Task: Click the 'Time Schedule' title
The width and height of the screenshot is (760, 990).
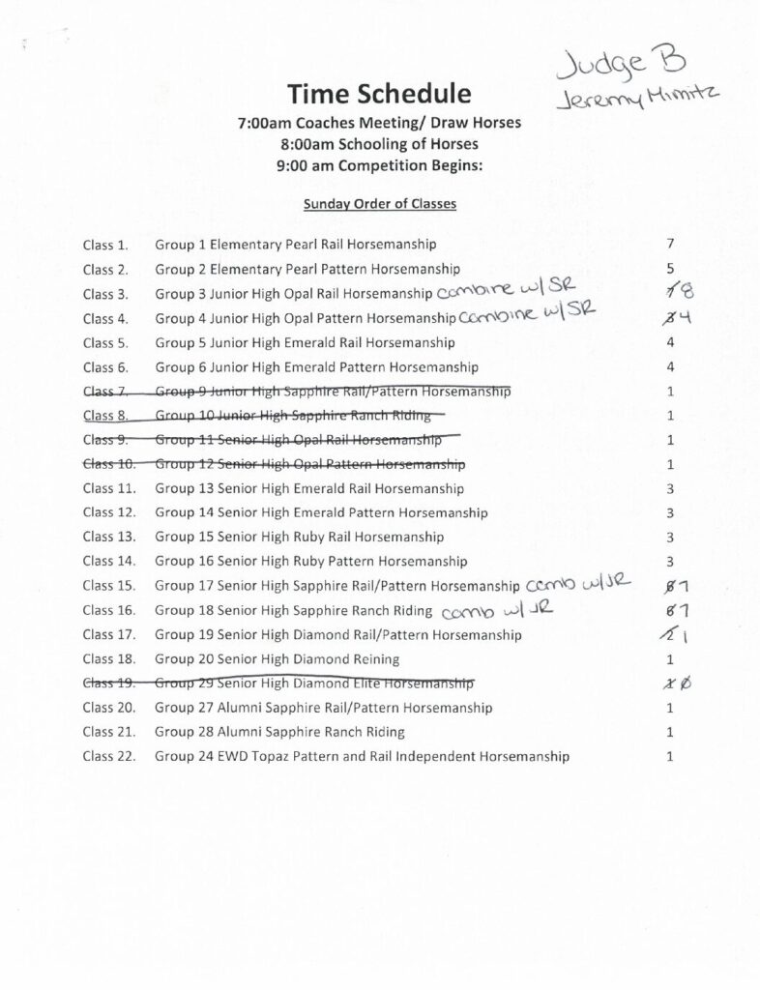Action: point(379,95)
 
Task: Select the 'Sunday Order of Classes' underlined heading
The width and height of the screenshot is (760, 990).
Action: point(380,204)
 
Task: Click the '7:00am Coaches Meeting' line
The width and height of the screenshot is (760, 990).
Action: point(380,124)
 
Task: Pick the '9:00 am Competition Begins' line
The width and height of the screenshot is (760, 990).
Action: point(380,163)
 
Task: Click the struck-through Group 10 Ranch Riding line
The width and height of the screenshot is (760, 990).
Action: point(300,416)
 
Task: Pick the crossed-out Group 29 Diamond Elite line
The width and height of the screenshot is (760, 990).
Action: point(314,684)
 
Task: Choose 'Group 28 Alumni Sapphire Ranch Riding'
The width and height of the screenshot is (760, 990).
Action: point(280,732)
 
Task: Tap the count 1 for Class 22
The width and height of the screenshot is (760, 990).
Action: point(669,756)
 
